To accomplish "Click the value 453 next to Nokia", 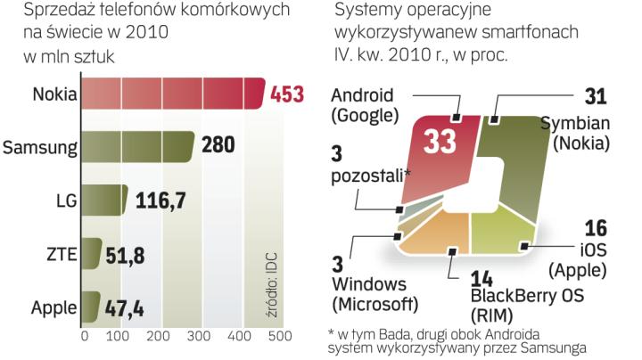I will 286,94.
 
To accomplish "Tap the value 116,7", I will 160,200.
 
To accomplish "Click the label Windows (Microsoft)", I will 373,295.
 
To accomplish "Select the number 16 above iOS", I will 596,228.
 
